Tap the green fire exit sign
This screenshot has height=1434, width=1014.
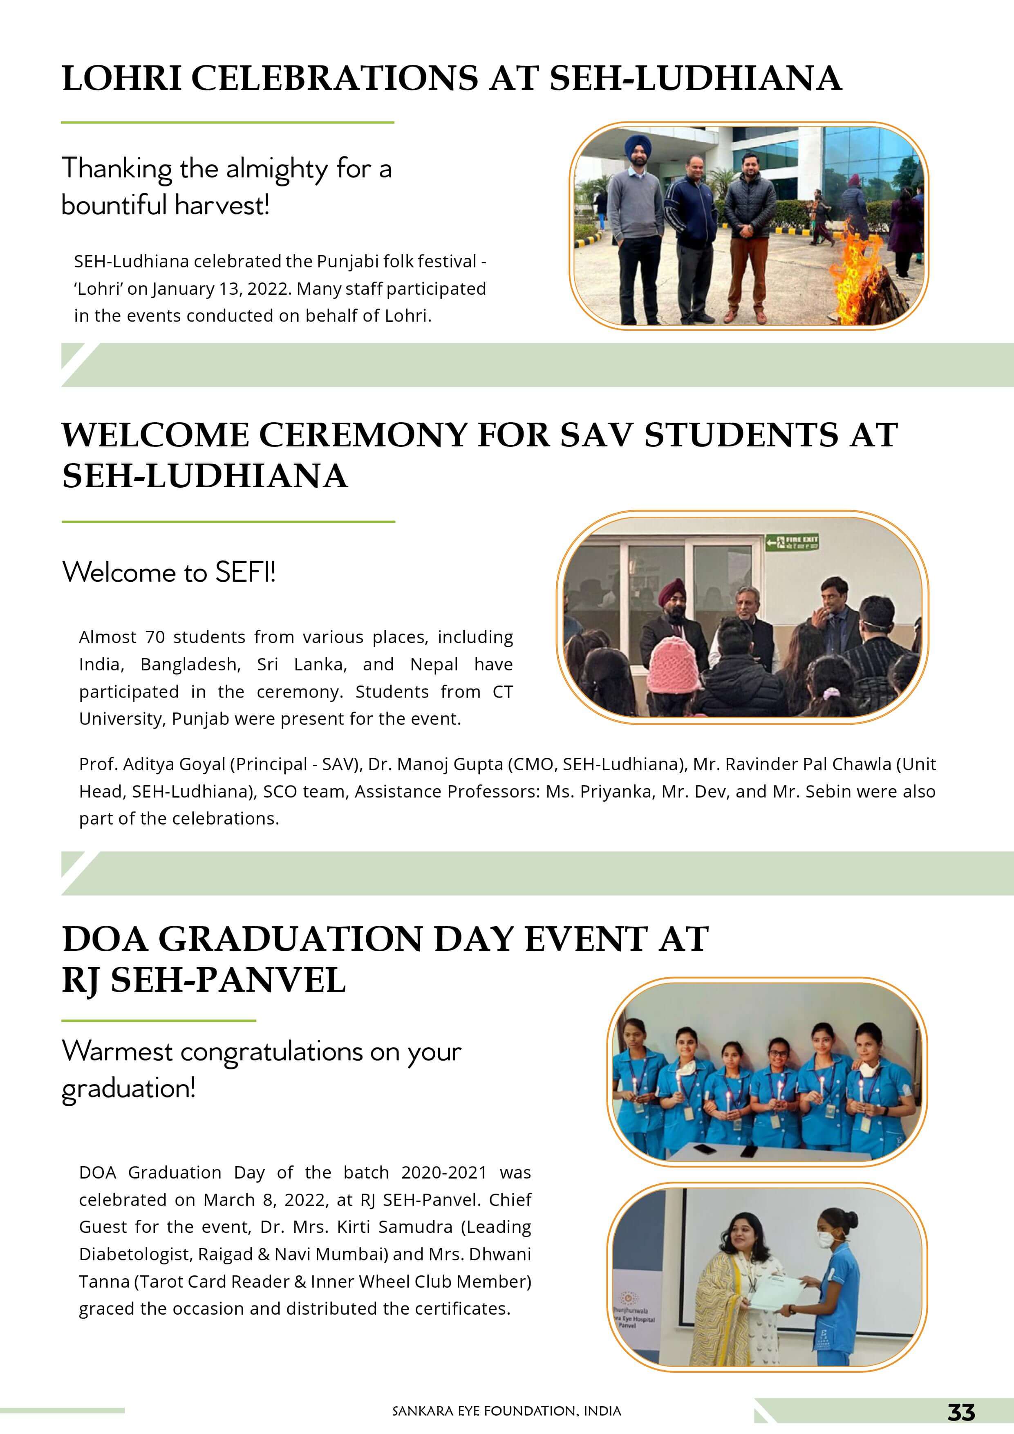(x=792, y=542)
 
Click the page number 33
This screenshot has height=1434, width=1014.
(x=961, y=1412)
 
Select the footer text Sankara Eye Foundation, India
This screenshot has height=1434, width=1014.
(x=506, y=1411)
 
